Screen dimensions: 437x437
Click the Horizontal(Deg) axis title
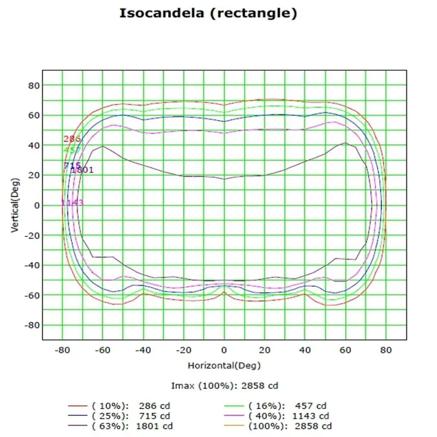click(x=224, y=364)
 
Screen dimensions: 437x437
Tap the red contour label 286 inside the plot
click(x=72, y=139)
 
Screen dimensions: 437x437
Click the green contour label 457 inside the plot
click(x=72, y=150)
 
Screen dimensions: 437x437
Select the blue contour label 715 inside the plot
click(x=72, y=166)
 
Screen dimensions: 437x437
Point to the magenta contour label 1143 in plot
click(x=72, y=203)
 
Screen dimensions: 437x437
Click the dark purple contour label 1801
click(x=82, y=170)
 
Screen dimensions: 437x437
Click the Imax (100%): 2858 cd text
click(x=225, y=386)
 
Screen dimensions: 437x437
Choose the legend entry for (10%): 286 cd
click(x=132, y=406)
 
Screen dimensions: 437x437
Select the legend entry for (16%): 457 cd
click(x=287, y=406)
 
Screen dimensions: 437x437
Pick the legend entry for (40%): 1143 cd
click(x=287, y=416)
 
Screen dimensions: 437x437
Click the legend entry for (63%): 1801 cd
click(x=132, y=426)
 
